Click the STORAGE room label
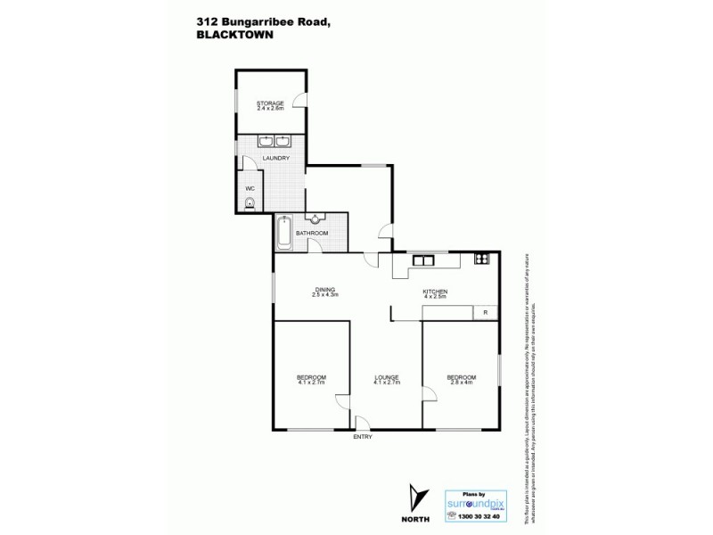click(270, 103)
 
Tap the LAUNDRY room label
click(275, 159)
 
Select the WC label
click(250, 187)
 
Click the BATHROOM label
click(312, 234)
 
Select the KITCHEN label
click(434, 292)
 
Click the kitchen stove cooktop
click(482, 259)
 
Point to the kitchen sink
click(422, 260)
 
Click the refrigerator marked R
click(486, 312)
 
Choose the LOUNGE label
click(387, 376)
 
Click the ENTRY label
click(363, 436)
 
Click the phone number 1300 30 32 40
click(479, 516)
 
